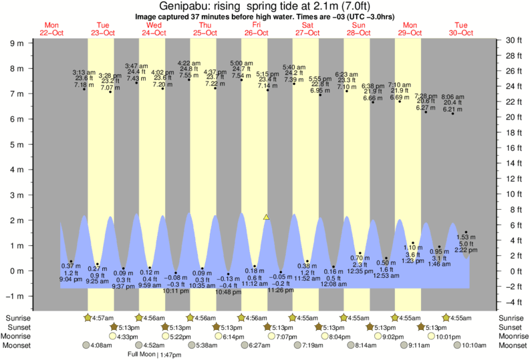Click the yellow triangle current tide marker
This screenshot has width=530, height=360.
click(266, 217)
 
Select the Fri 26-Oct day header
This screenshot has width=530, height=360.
click(255, 29)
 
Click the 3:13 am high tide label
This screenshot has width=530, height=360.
click(84, 72)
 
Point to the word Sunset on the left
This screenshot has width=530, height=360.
click(17, 327)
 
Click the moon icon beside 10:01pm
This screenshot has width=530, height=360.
click(432, 337)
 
